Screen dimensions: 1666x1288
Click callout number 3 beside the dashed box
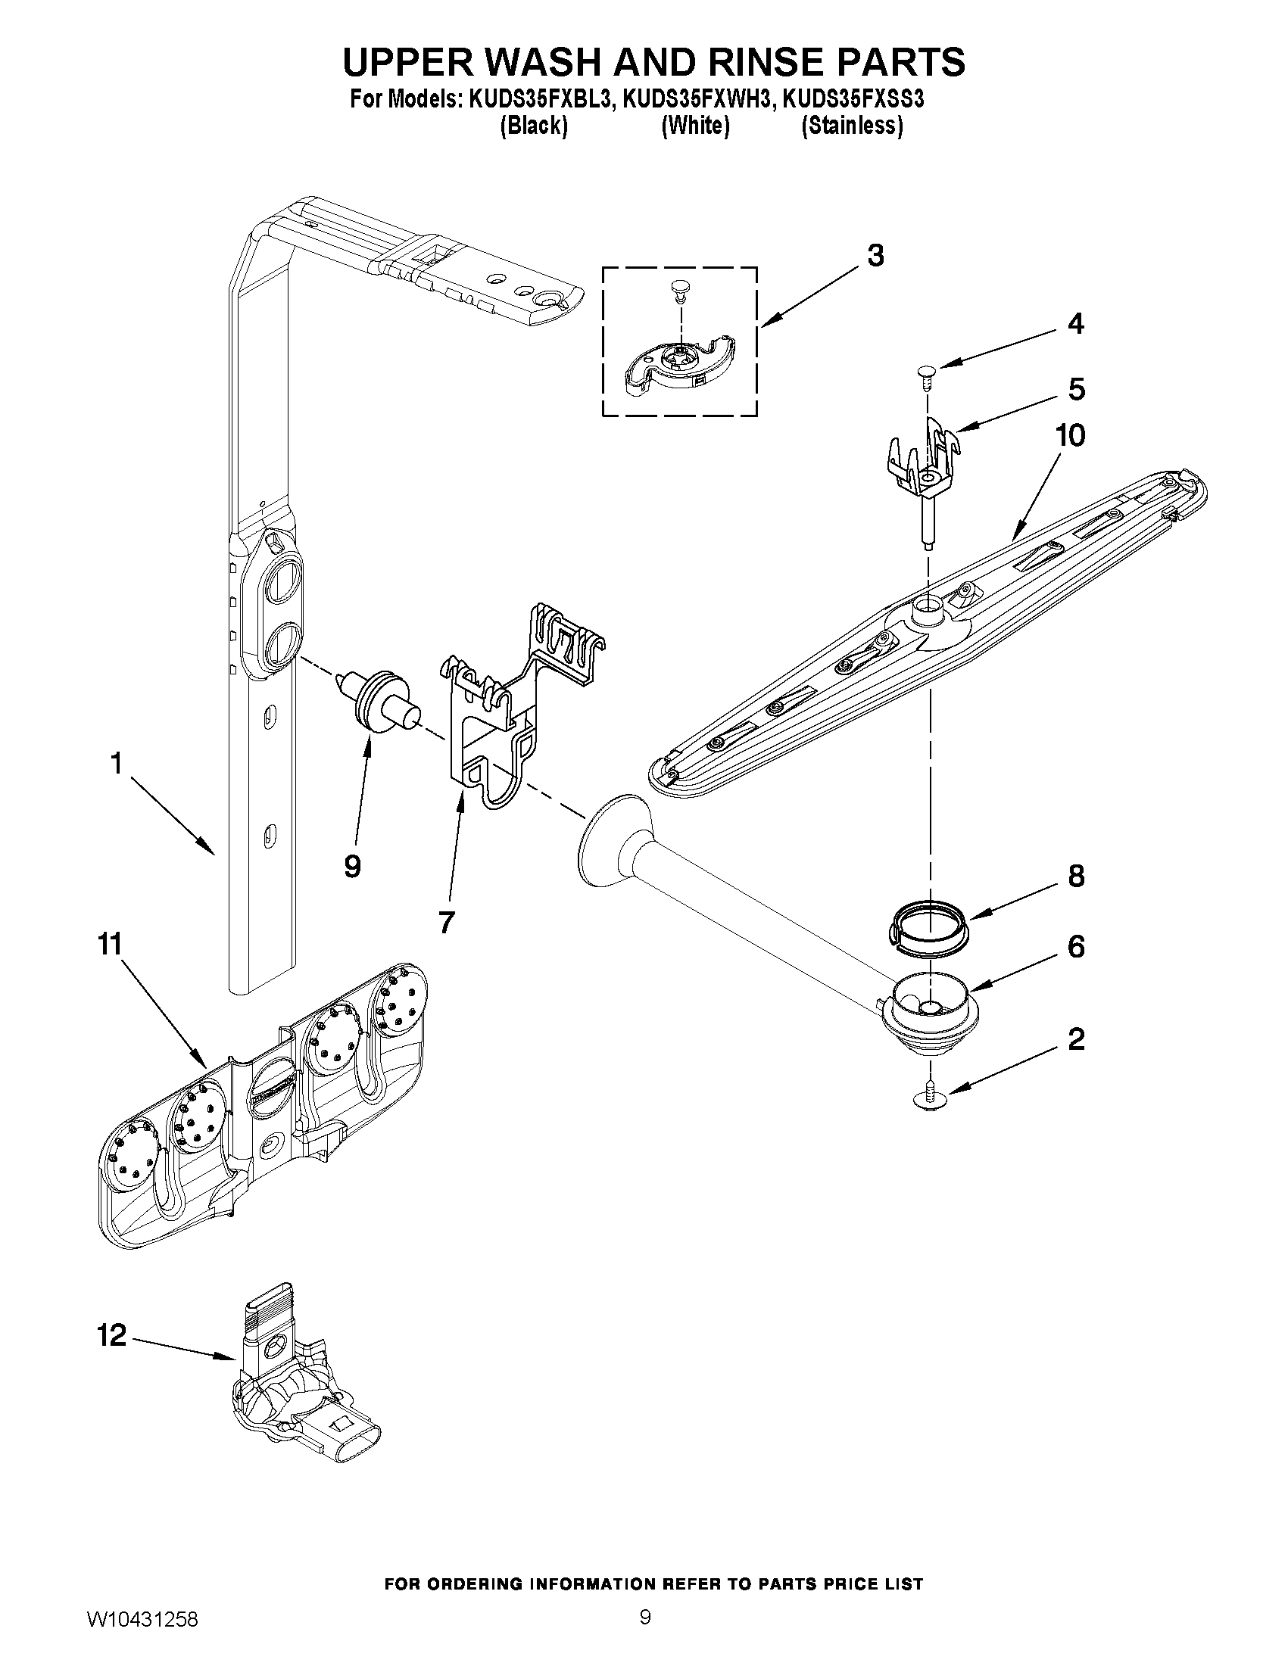pyautogui.click(x=875, y=256)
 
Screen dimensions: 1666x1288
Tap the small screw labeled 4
pyautogui.click(x=927, y=375)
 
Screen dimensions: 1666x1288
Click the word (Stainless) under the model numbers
pyautogui.click(x=852, y=126)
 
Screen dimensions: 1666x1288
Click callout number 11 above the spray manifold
pyautogui.click(x=110, y=945)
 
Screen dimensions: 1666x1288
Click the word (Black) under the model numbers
pyautogui.click(x=533, y=126)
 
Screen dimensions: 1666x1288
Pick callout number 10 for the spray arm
pyautogui.click(x=1070, y=435)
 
